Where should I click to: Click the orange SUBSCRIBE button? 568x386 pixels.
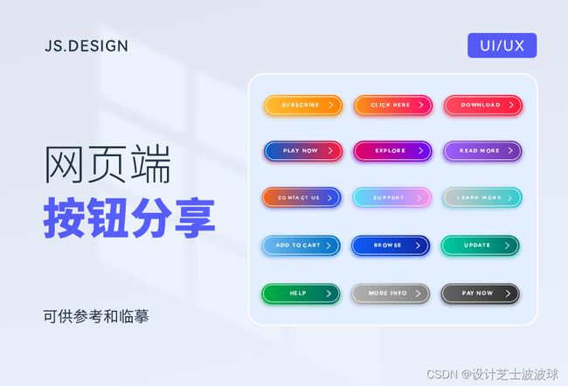pyautogui.click(x=303, y=106)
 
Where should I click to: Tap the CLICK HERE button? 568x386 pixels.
pyautogui.click(x=393, y=106)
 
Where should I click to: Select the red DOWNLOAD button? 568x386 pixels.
pyautogui.click(x=483, y=106)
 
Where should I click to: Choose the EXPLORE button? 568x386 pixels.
pyautogui.click(x=392, y=150)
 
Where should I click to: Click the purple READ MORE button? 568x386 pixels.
pyautogui.click(x=482, y=150)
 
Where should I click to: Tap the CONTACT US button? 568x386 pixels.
pyautogui.click(x=301, y=197)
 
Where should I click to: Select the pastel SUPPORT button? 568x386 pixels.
pyautogui.click(x=391, y=197)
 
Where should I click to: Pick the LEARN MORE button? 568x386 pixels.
pyautogui.click(x=482, y=197)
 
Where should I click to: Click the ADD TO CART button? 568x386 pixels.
pyautogui.click(x=301, y=245)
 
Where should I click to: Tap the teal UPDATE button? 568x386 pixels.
pyautogui.click(x=480, y=245)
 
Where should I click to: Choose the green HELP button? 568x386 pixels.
pyautogui.click(x=301, y=293)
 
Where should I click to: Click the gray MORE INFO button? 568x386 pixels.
pyautogui.click(x=391, y=293)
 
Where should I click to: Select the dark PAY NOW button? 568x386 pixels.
pyautogui.click(x=480, y=293)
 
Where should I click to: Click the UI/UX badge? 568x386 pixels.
pyautogui.click(x=502, y=45)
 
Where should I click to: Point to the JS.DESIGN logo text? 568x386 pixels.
pyautogui.click(x=87, y=46)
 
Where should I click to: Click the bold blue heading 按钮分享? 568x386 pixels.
pyautogui.click(x=129, y=217)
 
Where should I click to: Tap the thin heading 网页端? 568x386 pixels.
pyautogui.click(x=107, y=163)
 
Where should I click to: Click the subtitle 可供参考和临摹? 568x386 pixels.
pyautogui.click(x=96, y=316)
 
